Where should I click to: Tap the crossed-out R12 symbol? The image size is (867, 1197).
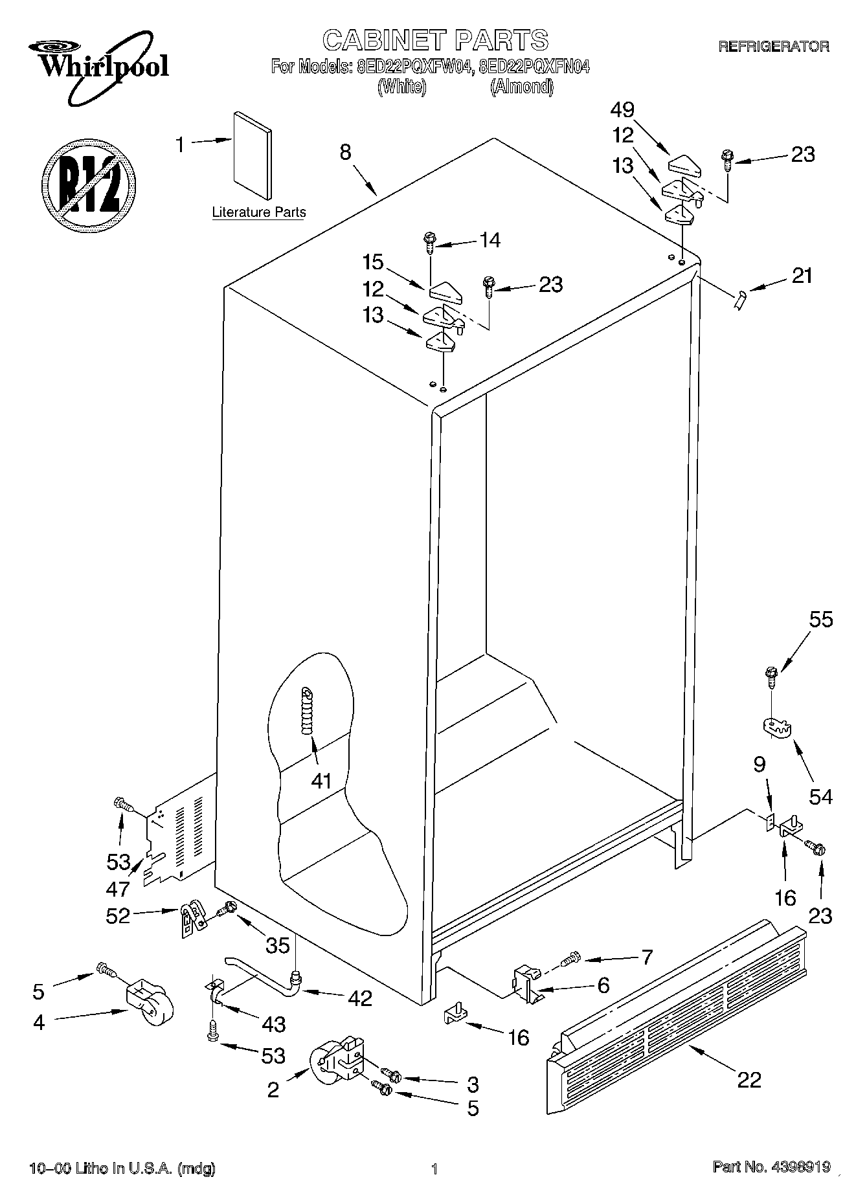(x=89, y=184)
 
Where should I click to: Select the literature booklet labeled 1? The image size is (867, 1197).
(x=252, y=155)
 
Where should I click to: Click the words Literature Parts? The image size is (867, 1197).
(x=259, y=212)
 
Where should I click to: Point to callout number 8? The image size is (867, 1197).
(x=345, y=152)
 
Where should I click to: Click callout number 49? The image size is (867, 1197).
(x=622, y=109)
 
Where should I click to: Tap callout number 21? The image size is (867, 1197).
(x=802, y=276)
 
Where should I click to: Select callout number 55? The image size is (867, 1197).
(x=821, y=620)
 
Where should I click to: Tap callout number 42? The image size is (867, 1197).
(x=360, y=998)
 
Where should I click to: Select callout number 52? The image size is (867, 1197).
(x=118, y=915)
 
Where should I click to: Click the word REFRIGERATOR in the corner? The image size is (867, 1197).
(x=774, y=47)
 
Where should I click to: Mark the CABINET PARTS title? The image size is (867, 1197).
(x=435, y=40)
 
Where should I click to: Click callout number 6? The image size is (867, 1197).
(x=603, y=986)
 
